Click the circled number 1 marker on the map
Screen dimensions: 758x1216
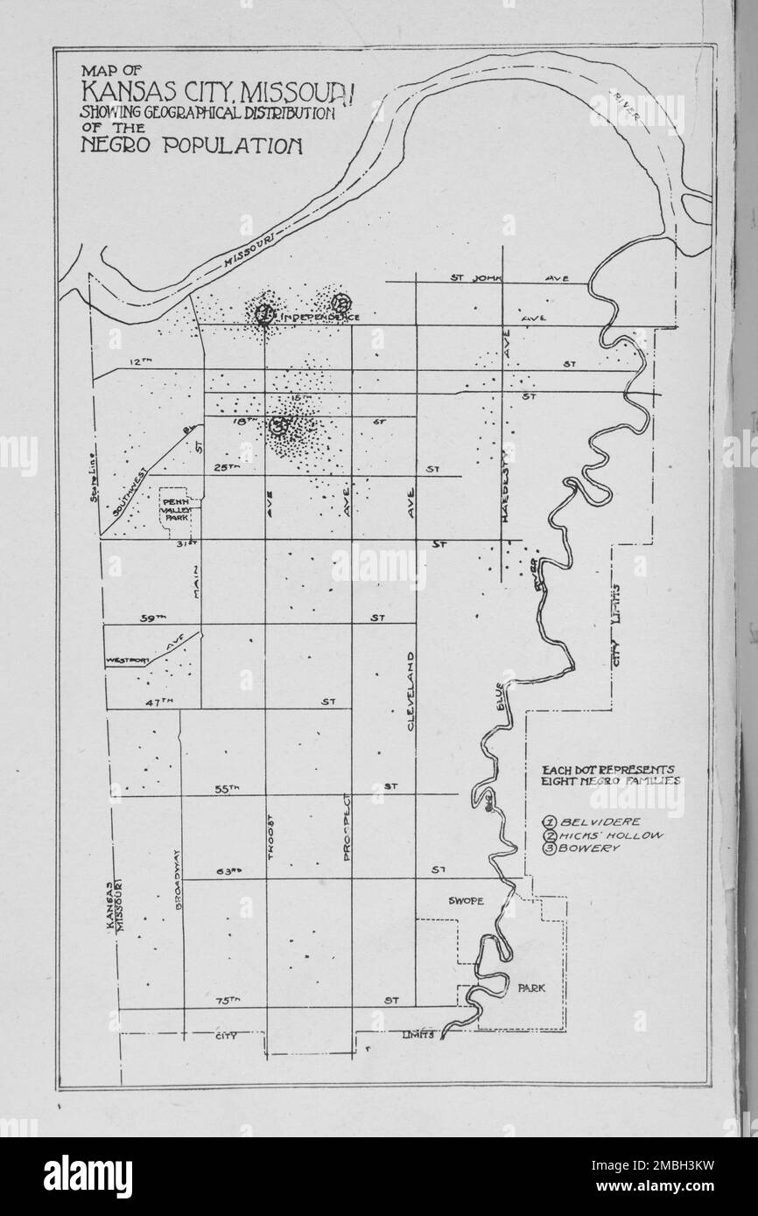tap(263, 313)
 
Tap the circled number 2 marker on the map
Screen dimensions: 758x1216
tap(340, 303)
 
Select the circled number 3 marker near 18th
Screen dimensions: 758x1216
tap(279, 427)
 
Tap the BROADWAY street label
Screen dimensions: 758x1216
tap(179, 881)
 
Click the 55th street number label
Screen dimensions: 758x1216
tap(228, 789)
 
